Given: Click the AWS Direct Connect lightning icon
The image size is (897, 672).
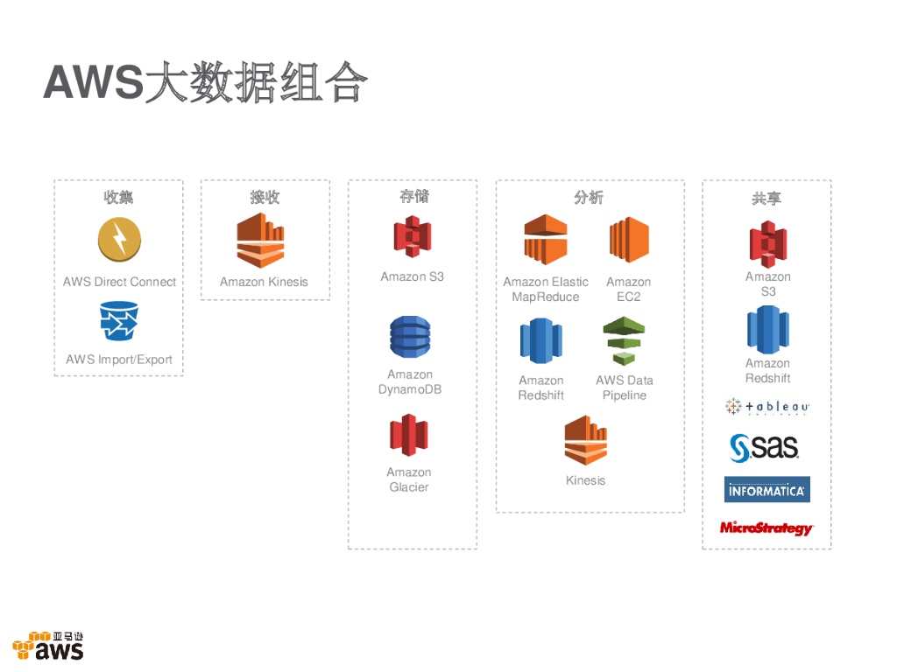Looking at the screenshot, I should pos(119,239).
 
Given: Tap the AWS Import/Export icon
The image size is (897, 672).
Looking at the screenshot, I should pos(119,321).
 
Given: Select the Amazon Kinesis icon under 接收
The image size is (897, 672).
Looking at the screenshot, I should pos(261,240).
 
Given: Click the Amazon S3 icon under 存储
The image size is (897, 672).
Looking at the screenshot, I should pos(412,236).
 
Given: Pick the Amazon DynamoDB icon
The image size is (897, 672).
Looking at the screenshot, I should pos(410,337).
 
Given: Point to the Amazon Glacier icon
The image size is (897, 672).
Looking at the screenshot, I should pos(409,435).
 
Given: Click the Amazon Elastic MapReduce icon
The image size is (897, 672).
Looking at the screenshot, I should pos(546,239).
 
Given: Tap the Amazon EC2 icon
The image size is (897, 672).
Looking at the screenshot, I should pos(629,240).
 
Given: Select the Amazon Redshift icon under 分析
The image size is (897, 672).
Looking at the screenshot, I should pos(541,340).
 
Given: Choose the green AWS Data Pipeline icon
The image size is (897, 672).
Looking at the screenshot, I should pos(624,340).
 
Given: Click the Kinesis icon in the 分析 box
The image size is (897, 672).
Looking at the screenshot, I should pos(586,440).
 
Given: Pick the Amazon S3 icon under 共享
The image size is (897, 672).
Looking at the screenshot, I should pos(768,243).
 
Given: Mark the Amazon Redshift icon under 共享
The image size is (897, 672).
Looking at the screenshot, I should pos(768,329).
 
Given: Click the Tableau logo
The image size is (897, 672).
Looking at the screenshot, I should pos(767,407).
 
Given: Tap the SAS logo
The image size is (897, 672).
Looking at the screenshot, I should pos(765,447).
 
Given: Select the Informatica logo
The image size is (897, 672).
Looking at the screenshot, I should pos(767,490).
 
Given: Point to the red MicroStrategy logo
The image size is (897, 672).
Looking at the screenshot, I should pos(766,528).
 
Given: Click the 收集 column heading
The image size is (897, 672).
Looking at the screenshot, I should pos(119,198).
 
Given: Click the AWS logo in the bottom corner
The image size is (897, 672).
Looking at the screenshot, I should pos(49,646).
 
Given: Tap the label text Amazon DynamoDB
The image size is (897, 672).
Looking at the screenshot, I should pos(410,382).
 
